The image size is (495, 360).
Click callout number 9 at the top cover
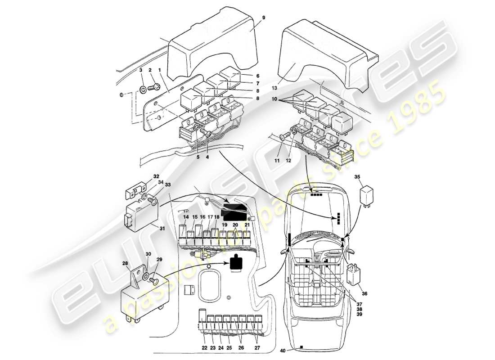tap(264, 18)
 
